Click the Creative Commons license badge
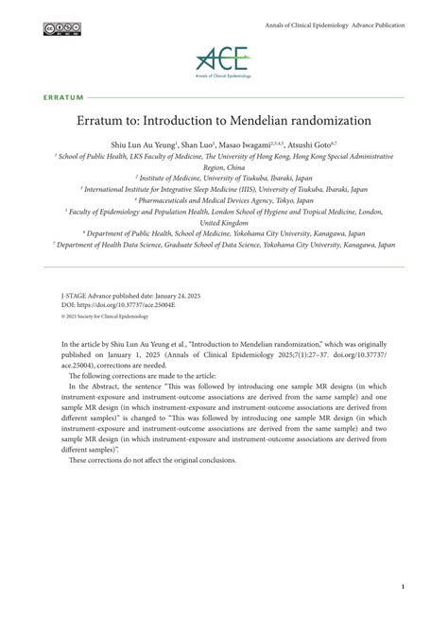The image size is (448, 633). coord(61,27)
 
